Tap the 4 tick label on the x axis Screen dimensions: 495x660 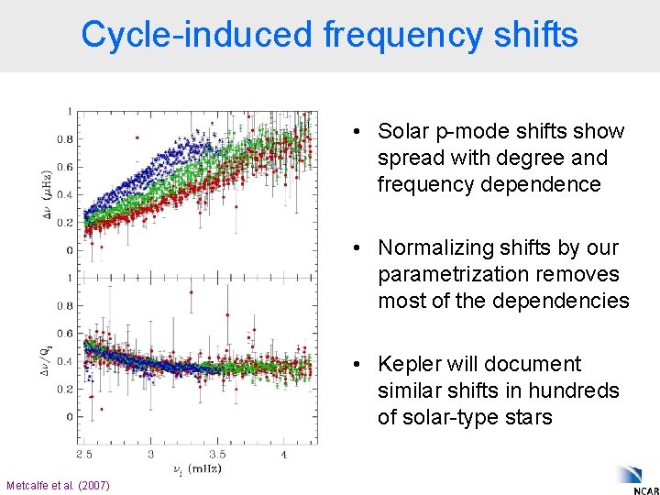pos(284,454)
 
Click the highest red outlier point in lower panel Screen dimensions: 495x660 pos(191,292)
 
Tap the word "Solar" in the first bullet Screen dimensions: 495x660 pos(403,131)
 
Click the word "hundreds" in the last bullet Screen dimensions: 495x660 pos(579,390)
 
